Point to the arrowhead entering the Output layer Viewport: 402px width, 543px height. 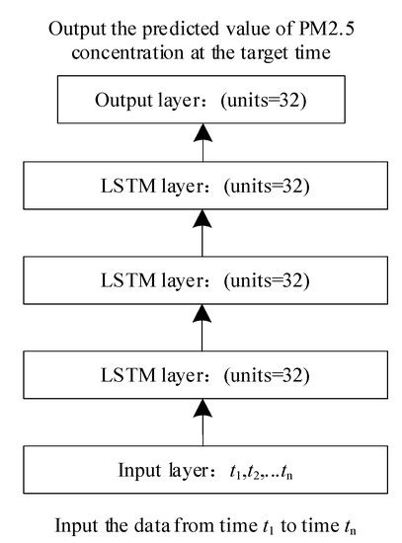(201, 135)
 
